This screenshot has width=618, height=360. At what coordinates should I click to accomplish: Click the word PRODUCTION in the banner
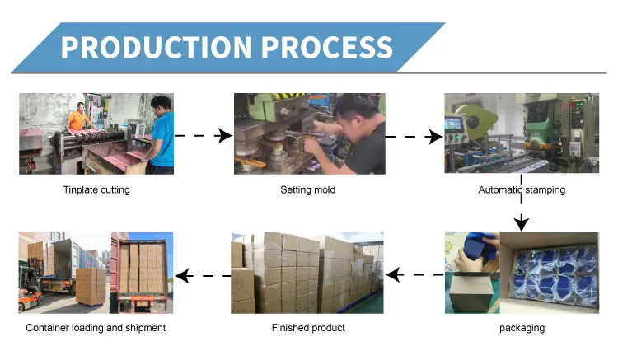click(x=156, y=47)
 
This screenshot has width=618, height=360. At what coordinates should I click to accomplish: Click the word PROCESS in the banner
click(x=327, y=47)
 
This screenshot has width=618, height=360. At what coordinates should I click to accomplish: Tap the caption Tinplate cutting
click(x=96, y=189)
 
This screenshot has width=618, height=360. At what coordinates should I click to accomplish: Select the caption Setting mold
click(x=308, y=189)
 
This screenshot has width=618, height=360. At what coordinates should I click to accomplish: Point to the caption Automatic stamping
click(x=522, y=189)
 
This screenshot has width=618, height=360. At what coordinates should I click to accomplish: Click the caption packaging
click(x=522, y=328)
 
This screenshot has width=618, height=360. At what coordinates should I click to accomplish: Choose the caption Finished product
click(x=308, y=328)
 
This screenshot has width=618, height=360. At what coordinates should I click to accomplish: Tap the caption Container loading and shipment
click(x=96, y=328)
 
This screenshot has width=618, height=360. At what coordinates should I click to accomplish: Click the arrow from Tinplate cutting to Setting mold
click(x=204, y=136)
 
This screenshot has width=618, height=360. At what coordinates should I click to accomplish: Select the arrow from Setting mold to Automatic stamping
click(x=414, y=137)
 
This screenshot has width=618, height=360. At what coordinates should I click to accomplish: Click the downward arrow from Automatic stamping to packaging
click(x=522, y=203)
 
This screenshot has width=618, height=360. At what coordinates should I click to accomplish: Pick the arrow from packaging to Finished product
click(x=414, y=274)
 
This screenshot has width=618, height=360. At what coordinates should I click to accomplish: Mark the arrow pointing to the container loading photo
click(x=203, y=276)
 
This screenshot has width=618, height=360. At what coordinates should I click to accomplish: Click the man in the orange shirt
click(x=78, y=117)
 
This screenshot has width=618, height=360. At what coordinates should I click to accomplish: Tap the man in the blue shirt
click(x=161, y=135)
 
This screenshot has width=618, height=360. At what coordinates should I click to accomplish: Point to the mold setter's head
click(x=354, y=111)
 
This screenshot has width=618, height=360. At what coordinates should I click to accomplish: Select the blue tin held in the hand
click(x=478, y=249)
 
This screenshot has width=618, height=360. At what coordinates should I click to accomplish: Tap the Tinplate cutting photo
click(x=96, y=134)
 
